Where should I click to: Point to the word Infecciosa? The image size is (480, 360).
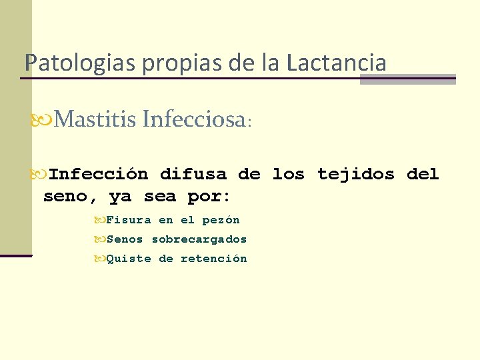(193, 119)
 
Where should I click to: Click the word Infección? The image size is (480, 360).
(99, 175)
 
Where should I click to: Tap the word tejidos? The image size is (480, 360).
(356, 175)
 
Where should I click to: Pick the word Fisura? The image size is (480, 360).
(129, 220)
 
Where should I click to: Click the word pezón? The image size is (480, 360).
(221, 220)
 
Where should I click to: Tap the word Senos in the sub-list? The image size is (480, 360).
(125, 239)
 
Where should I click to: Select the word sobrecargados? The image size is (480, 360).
(199, 239)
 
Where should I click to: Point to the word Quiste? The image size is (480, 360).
(129, 259)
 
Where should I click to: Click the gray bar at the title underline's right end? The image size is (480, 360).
(407, 79)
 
